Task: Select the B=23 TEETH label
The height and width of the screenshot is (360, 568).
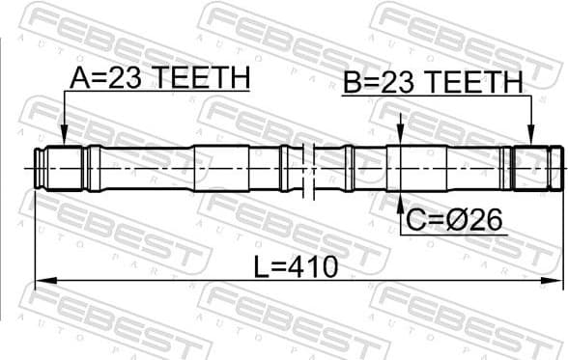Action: tap(432, 82)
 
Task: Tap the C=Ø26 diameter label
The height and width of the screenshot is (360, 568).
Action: tap(453, 221)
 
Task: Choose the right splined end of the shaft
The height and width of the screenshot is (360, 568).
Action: tap(536, 168)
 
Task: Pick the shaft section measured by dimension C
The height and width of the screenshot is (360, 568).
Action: tap(406, 168)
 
